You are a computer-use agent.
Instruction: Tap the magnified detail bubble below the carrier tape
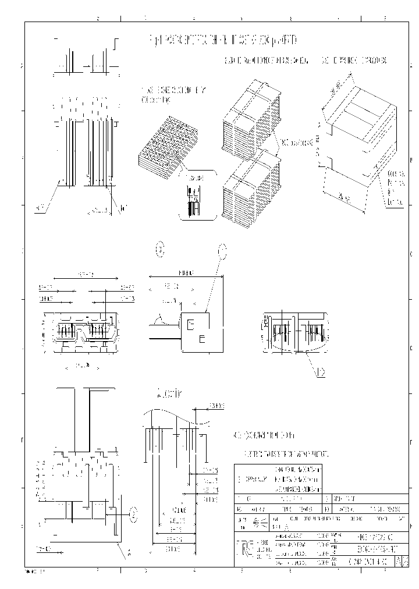coord(194,195)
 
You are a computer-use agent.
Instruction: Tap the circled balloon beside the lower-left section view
coord(133,514)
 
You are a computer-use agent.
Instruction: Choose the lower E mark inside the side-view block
coord(202,338)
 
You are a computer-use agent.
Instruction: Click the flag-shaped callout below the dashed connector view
coord(319,372)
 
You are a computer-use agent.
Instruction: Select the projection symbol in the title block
coord(261,523)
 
